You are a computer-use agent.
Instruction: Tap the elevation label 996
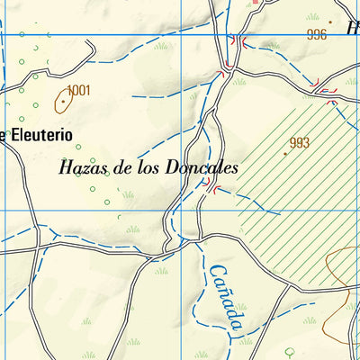pos(316,35)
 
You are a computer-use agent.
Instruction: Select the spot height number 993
pos(300,142)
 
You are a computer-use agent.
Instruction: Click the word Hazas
pos(81,167)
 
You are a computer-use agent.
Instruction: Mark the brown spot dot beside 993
pos(285,153)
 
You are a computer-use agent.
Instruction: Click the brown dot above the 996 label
pos(330,22)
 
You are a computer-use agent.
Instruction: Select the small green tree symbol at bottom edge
pos(290,353)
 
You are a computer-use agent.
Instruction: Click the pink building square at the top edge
pos(255,3)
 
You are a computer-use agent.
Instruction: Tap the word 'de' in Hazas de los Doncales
pos(121,167)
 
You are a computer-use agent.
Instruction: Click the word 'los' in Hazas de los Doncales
pos(148,167)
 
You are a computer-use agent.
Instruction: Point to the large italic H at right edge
pos(353,28)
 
